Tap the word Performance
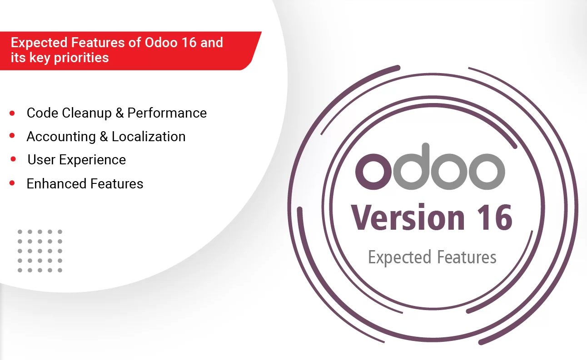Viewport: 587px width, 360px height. pyautogui.click(x=167, y=113)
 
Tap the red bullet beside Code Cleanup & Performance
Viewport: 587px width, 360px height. pyautogui.click(x=12, y=113)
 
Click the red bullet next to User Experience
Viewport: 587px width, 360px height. pyautogui.click(x=13, y=159)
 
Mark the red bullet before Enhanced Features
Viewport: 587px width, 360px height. pyautogui.click(x=12, y=183)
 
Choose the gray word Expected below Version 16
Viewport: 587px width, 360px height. pyautogui.click(x=399, y=257)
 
